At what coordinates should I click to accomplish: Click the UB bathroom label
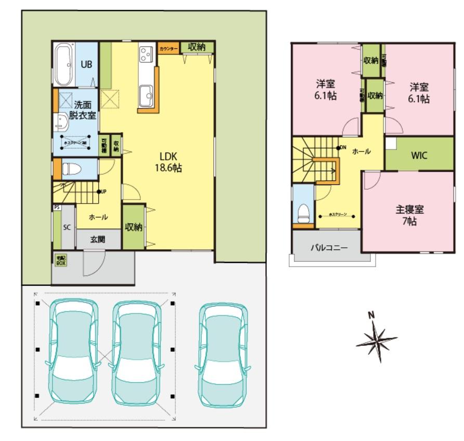[86, 65]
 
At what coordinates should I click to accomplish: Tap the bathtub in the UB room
[64, 66]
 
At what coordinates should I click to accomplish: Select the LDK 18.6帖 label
[170, 162]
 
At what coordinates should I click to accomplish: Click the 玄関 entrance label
[98, 240]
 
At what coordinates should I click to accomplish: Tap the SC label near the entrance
[67, 228]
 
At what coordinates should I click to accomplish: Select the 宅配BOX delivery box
[61, 260]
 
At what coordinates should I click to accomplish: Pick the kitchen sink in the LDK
[146, 95]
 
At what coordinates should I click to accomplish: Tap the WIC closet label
[419, 155]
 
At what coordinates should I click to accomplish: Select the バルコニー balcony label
[329, 247]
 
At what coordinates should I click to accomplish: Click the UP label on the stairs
[103, 192]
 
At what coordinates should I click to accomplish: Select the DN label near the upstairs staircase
[343, 147]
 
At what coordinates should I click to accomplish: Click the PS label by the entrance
[56, 207]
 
